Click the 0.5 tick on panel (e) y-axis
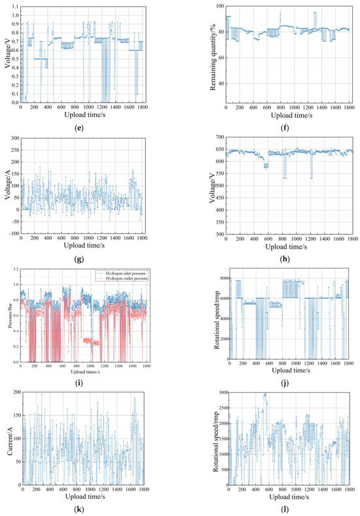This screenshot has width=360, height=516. click(x=15, y=59)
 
